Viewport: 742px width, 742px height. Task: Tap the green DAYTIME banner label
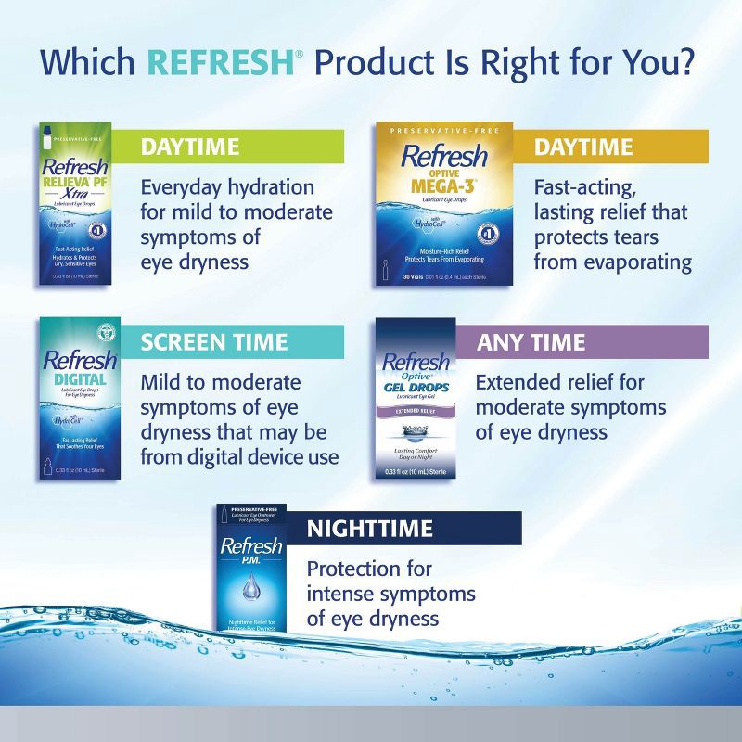pyautogui.click(x=190, y=147)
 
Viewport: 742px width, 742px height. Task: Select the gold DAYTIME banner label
pyautogui.click(x=583, y=147)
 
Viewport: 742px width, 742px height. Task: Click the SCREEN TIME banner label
pyautogui.click(x=214, y=342)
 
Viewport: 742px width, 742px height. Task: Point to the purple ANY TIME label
pyautogui.click(x=531, y=342)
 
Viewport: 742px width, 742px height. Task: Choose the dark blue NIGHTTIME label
pyautogui.click(x=370, y=529)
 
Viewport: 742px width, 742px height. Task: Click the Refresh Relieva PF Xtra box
pyautogui.click(x=81, y=204)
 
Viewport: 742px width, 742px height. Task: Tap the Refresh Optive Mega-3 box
pyautogui.click(x=443, y=204)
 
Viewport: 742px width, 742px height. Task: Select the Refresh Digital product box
pyautogui.click(x=81, y=399)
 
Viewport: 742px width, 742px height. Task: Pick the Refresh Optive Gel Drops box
pyautogui.click(x=416, y=399)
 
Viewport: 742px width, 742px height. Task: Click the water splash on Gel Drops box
pyautogui.click(x=416, y=431)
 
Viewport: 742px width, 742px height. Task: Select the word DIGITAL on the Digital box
pyautogui.click(x=80, y=379)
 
